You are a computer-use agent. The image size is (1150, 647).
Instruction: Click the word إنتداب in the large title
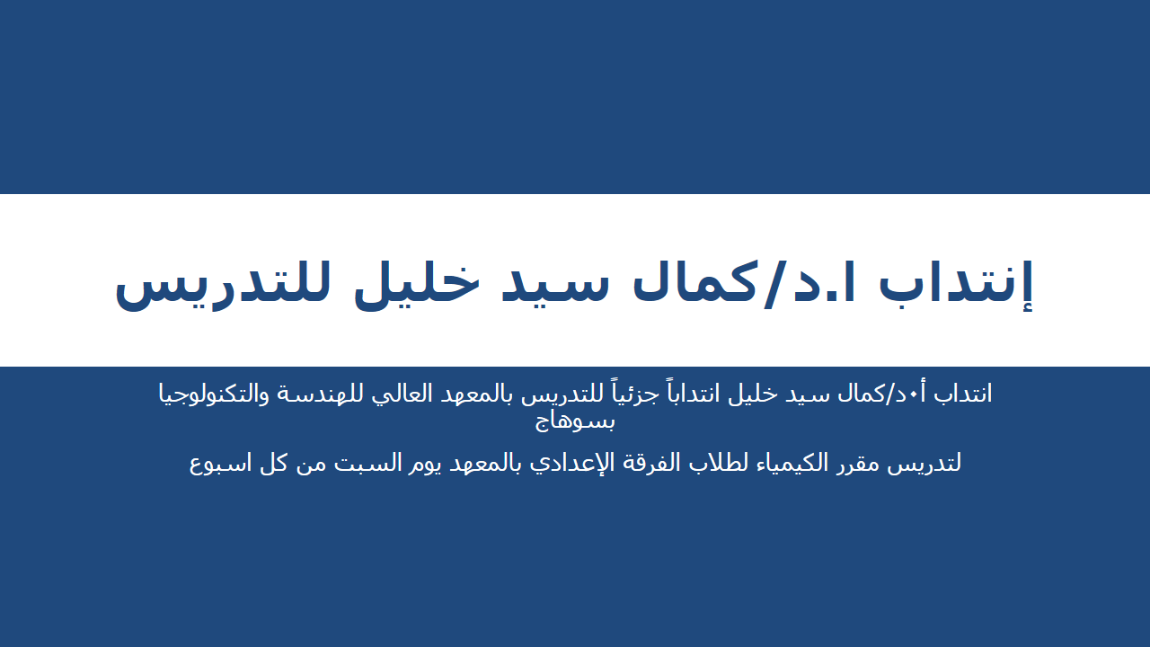click(957, 282)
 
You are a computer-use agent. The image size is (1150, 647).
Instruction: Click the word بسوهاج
click(575, 420)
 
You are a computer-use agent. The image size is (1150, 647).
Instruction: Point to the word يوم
click(401, 464)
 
